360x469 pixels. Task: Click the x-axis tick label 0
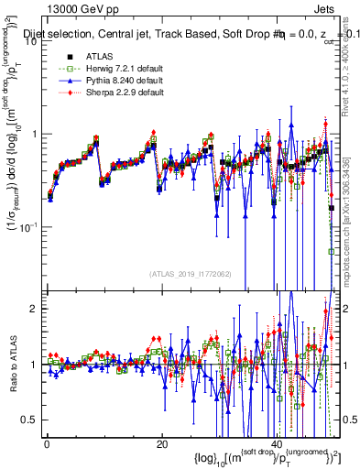click(47, 444)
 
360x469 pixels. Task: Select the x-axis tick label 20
click(161, 444)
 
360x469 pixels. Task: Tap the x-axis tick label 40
click(277, 444)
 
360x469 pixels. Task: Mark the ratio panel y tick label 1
click(34, 365)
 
